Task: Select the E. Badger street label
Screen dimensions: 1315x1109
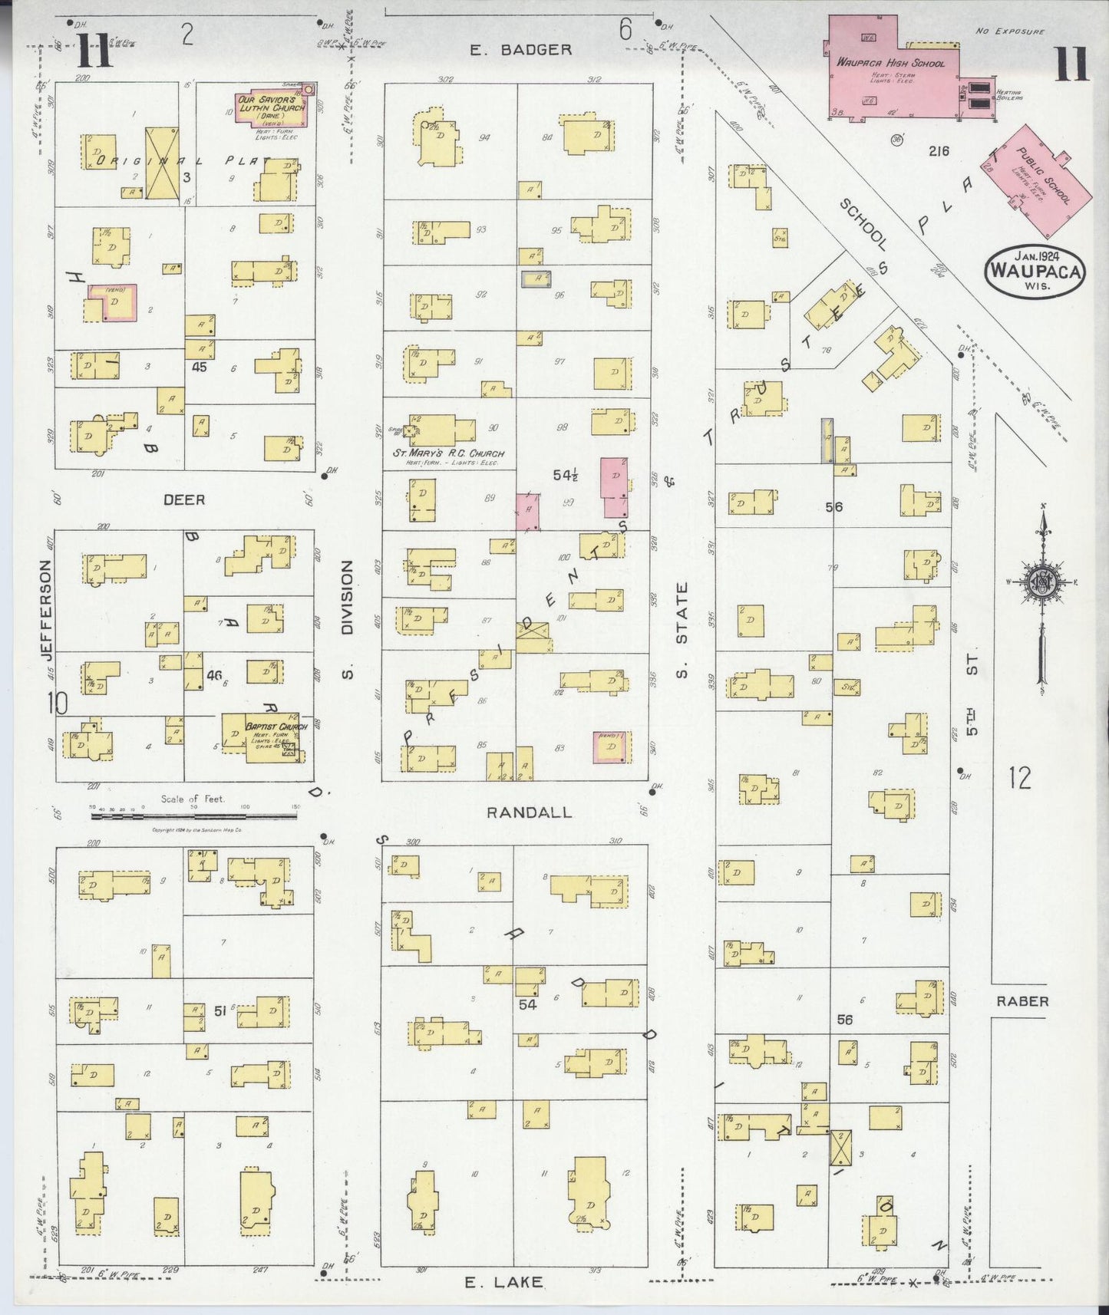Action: coord(520,50)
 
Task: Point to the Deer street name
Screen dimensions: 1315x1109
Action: coord(184,500)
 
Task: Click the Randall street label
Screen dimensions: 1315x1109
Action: coord(530,812)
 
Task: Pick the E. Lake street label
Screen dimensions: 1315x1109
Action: coord(504,1282)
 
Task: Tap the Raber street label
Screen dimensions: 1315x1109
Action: coord(1022,1001)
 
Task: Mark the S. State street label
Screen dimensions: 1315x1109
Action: coord(682,631)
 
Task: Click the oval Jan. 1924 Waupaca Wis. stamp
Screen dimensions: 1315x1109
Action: coord(1035,270)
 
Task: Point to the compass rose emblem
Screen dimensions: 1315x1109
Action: coord(1042,582)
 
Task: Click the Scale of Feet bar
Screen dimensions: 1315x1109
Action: coord(193,816)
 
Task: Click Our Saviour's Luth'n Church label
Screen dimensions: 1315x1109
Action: coord(270,104)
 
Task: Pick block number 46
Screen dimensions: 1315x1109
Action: coord(214,676)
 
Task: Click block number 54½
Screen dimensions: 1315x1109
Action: coord(566,476)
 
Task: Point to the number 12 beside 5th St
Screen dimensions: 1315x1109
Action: coord(1019,779)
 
